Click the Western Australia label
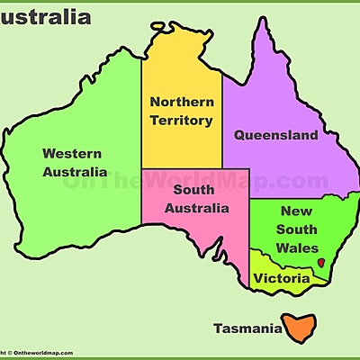tap(74, 162)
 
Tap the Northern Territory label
tap(181, 111)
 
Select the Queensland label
tap(276, 136)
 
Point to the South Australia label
tap(195, 199)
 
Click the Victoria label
tap(282, 279)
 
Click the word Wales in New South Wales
tap(296, 247)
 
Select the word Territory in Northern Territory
tap(182, 120)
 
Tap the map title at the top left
tap(45, 16)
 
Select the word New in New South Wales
tap(296, 211)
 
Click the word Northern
tap(181, 102)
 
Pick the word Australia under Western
tap(74, 172)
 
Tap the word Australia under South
tap(195, 209)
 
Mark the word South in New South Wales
tap(296, 229)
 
